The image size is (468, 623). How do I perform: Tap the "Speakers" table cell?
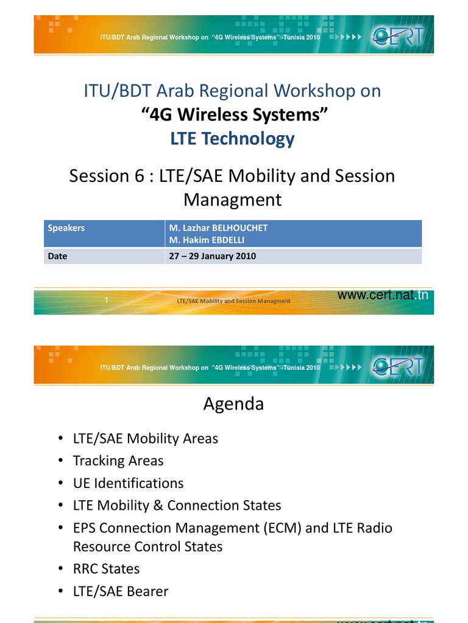click(x=66, y=228)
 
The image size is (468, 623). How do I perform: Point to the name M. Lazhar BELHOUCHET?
click(x=218, y=228)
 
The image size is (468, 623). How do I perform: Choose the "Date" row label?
click(x=58, y=256)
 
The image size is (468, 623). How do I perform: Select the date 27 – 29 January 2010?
click(x=212, y=256)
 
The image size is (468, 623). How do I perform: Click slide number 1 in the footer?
click(x=107, y=301)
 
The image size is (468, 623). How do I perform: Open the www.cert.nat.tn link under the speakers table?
click(x=383, y=296)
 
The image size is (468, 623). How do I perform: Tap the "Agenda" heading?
click(x=233, y=404)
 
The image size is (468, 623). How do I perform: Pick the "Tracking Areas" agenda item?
click(x=118, y=461)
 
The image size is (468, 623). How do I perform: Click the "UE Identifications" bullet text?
click(x=128, y=483)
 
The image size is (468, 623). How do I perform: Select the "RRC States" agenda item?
click(x=106, y=569)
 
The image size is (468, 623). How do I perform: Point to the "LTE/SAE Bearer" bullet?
click(x=121, y=591)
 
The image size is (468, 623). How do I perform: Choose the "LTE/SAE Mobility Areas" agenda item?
click(x=145, y=438)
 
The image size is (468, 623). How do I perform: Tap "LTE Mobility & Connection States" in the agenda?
click(x=177, y=506)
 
